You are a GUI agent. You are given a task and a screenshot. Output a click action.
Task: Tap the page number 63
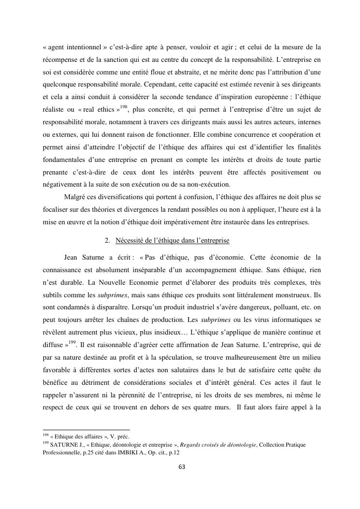click(x=182, y=467)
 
